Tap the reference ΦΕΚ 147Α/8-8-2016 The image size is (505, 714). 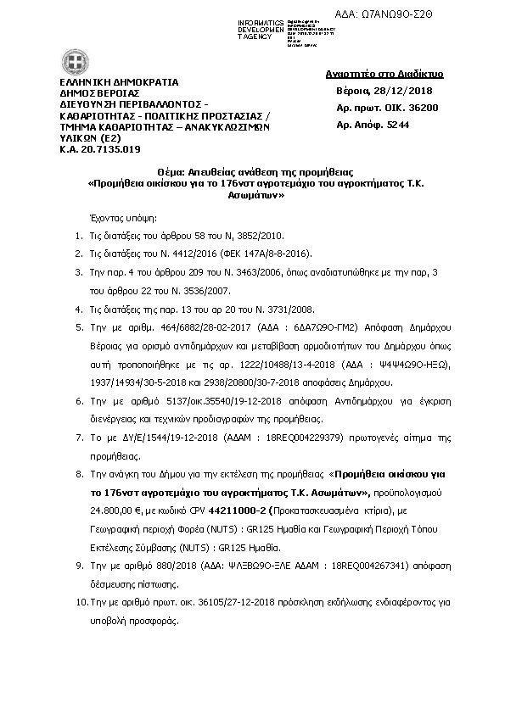pyautogui.click(x=273, y=253)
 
